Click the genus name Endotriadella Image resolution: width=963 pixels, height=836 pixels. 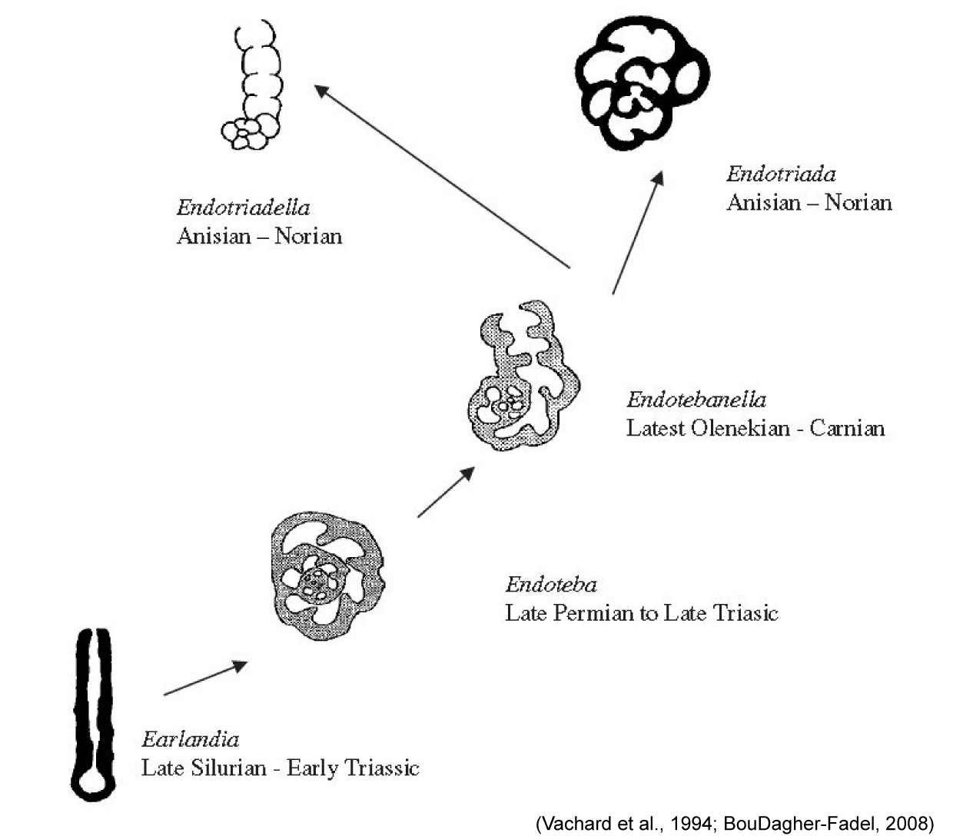pos(243,207)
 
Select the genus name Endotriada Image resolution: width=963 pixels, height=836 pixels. pos(781,174)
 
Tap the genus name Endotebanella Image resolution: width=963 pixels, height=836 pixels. pos(696,400)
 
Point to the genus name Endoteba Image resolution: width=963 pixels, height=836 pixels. pos(550,586)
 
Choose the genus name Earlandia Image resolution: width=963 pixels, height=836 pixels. pos(190,740)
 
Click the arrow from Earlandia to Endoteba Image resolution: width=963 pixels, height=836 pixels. pos(205,678)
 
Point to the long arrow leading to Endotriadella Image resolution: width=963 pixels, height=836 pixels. pos(442,176)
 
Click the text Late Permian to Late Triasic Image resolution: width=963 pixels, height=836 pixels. pos(641,613)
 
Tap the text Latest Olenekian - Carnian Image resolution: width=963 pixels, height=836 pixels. pos(755,428)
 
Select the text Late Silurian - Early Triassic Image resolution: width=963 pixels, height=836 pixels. pos(280,768)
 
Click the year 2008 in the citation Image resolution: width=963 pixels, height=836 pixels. pos(906,824)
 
